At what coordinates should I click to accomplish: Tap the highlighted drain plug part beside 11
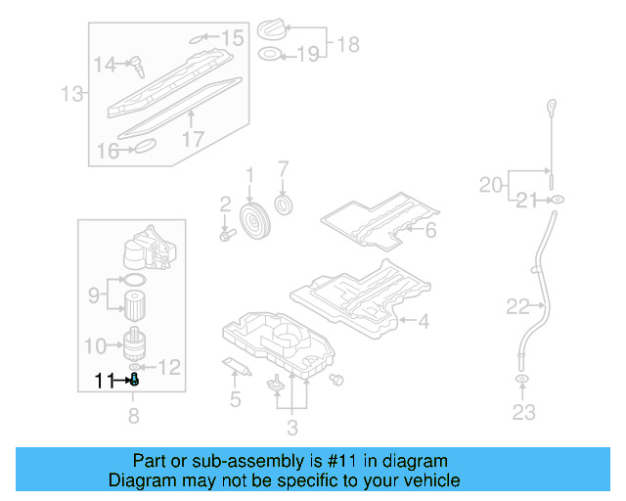[134, 380]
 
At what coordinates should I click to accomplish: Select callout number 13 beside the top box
[71, 95]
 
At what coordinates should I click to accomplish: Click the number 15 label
[232, 38]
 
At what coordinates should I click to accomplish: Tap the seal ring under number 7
[287, 205]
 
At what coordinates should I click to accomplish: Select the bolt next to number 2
[227, 235]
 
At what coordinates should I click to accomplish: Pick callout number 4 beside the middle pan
[423, 320]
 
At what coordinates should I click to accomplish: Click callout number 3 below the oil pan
[291, 427]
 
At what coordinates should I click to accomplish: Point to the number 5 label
[234, 399]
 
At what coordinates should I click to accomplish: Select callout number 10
[95, 344]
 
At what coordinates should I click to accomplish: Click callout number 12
[169, 367]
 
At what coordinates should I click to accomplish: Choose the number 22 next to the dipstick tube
[517, 307]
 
